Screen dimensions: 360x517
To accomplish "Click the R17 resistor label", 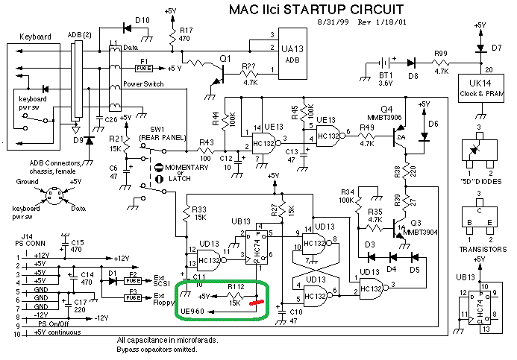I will tap(186, 34).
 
